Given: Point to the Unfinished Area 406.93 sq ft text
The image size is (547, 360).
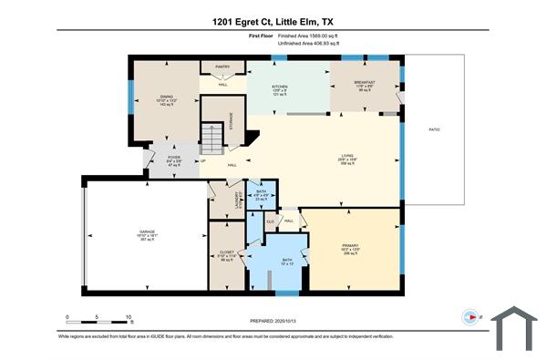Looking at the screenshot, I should tap(296, 43).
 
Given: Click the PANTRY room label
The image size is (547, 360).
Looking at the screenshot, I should tap(222, 67).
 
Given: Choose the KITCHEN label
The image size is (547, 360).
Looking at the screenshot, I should tap(279, 86).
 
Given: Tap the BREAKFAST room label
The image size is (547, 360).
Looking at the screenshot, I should tap(365, 83).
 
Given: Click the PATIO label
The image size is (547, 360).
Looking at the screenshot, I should tap(435, 129).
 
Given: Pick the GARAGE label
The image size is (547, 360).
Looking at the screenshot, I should tap(147, 233).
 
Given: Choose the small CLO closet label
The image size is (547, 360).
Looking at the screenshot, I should tap(271, 221).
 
